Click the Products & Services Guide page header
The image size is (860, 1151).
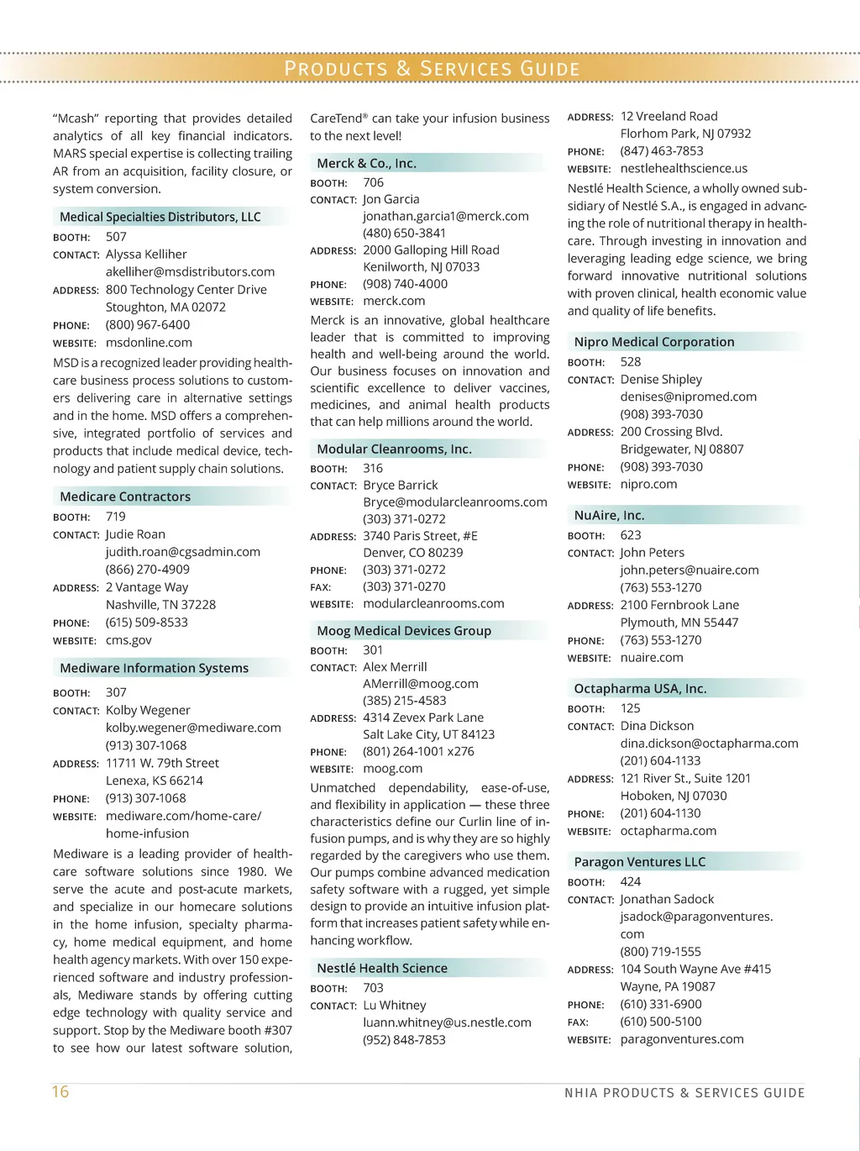(432, 68)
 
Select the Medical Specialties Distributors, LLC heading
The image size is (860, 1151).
(160, 217)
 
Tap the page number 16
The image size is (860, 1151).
(60, 1091)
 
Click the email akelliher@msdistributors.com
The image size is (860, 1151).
(190, 271)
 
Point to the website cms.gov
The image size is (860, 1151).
(128, 640)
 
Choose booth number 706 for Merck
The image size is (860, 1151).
(373, 182)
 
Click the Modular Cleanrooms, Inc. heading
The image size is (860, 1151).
(394, 449)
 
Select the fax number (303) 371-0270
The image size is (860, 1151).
(404, 586)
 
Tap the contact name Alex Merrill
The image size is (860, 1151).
(395, 667)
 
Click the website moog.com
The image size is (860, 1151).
(392, 769)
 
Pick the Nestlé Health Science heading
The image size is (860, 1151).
(382, 968)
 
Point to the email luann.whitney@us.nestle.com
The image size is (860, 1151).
(447, 1022)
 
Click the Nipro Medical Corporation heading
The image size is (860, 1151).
(654, 342)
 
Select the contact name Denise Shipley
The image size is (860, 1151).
(661, 380)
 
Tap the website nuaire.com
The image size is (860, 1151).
(652, 658)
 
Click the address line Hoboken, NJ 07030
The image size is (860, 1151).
(674, 796)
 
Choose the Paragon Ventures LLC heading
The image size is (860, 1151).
(640, 862)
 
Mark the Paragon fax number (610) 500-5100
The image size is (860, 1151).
(661, 1022)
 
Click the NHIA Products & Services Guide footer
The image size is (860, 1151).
(684, 1093)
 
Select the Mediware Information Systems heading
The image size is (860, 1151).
(155, 668)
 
